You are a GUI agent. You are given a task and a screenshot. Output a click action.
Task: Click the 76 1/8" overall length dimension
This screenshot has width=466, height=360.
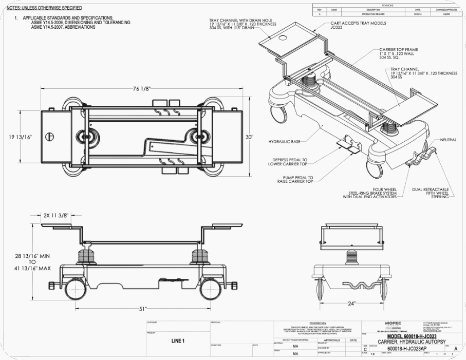[141, 88]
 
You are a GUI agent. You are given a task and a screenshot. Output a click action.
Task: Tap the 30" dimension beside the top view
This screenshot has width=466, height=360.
[250, 137]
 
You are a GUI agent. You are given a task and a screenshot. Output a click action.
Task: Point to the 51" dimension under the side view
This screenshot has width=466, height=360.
[142, 308]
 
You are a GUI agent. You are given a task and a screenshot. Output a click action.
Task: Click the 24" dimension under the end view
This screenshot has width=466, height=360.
[351, 304]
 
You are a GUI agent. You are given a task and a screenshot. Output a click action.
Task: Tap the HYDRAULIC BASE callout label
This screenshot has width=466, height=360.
[284, 141]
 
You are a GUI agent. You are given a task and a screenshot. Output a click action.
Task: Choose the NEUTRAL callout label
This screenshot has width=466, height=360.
[448, 140]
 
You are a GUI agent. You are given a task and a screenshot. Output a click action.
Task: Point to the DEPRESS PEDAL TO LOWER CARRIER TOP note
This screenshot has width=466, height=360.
[290, 162]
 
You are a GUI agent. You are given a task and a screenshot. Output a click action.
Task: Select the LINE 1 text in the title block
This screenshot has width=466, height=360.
[177, 340]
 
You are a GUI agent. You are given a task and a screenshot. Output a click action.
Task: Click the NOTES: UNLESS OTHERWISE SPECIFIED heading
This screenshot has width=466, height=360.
[44, 8]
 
